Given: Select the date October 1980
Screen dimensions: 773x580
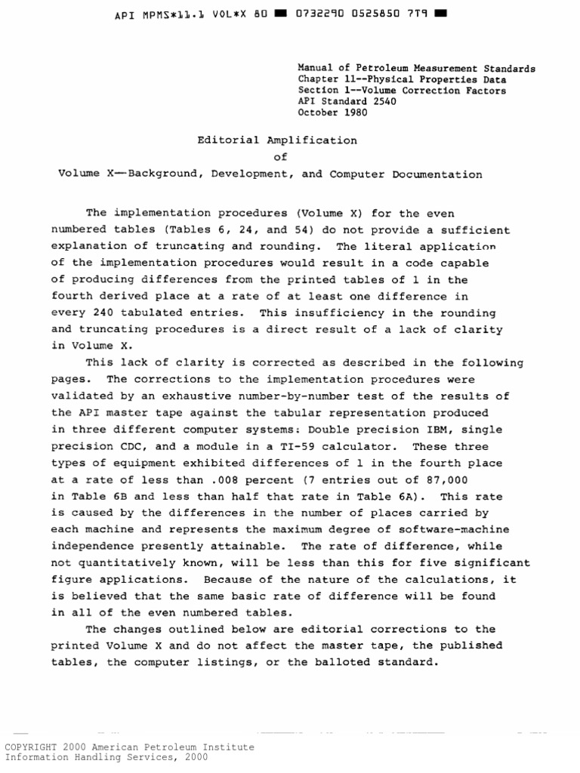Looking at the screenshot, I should [333, 113].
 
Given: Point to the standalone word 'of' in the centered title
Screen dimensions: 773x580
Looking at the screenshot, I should [280, 157].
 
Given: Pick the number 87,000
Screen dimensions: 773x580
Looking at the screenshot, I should [449, 480].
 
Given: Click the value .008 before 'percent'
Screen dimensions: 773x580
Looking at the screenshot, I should [217, 480].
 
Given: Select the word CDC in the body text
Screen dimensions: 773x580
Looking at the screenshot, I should [134, 447].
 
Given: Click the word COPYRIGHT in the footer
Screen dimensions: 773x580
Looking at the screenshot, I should [33, 747].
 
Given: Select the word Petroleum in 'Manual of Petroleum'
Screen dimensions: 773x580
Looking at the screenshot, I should [370, 69].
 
